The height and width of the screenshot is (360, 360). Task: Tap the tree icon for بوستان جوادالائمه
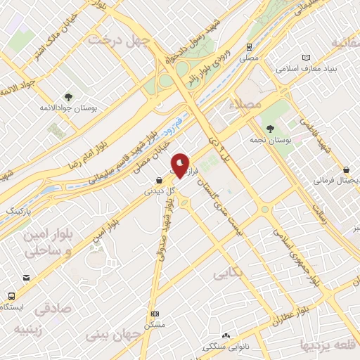[x=67, y=97]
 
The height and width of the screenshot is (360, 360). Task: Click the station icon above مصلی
[x=250, y=46]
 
